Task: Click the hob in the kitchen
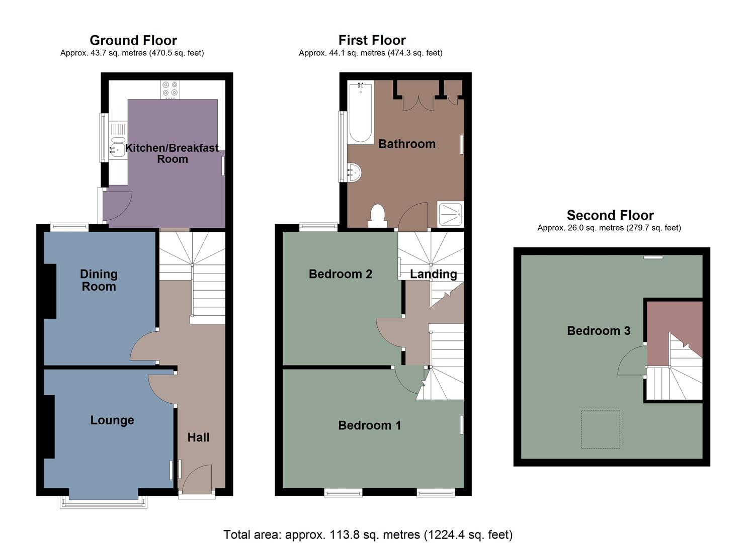pyautogui.click(x=170, y=89)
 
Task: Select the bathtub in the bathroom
pyautogui.click(x=360, y=113)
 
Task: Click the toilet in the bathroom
pyautogui.click(x=377, y=215)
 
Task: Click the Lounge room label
pyautogui.click(x=112, y=420)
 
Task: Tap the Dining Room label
pyautogui.click(x=99, y=280)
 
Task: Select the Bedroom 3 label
pyautogui.click(x=598, y=331)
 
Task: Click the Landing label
pyautogui.click(x=433, y=274)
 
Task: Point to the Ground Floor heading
pyautogui.click(x=133, y=40)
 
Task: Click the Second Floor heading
pyautogui.click(x=610, y=215)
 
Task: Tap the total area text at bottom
pyautogui.click(x=368, y=534)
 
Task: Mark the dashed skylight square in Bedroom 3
pyautogui.click(x=600, y=429)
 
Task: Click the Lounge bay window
pyautogui.click(x=104, y=502)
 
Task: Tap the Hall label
pyautogui.click(x=198, y=437)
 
